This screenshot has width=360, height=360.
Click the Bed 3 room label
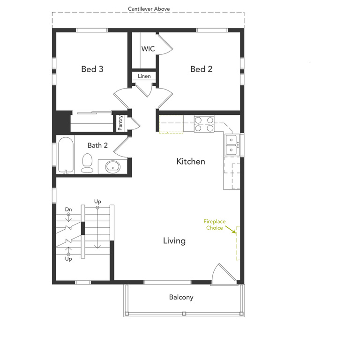point(92,69)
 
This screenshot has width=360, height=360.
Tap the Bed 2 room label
point(201,69)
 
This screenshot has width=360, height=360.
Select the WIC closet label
point(148,49)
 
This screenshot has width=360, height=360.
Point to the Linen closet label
point(144,76)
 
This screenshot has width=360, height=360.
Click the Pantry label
point(120,123)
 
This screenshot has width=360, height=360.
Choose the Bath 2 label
point(97,145)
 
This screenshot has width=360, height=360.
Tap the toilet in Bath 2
point(87,162)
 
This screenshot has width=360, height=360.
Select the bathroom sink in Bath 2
point(112,166)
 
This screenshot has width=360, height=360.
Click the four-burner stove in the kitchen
point(204,124)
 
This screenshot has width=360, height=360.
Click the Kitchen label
point(190,162)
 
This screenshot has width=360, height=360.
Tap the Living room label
point(174,241)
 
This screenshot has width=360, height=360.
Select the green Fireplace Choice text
point(214,225)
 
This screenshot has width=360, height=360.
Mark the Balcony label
point(181,297)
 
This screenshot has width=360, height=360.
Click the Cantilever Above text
point(149,9)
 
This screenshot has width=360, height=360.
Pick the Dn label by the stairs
point(68,209)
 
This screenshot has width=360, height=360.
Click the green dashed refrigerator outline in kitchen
point(171,125)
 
